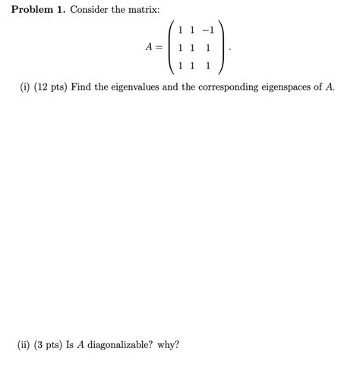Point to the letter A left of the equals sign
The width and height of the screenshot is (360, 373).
[149, 47]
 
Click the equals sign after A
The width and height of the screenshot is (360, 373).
[160, 47]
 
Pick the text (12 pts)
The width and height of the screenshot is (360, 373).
[50, 87]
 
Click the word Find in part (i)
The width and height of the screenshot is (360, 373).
[82, 87]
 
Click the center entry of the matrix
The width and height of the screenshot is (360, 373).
[194, 47]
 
